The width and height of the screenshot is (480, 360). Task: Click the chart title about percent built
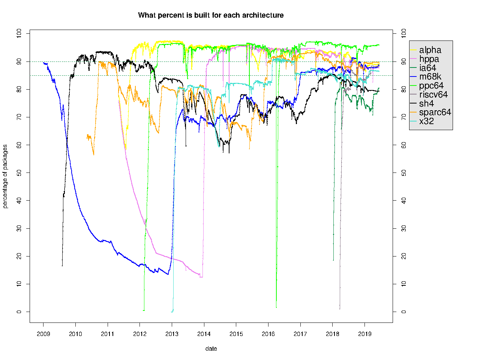(211, 15)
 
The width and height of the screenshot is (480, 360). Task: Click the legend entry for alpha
(430, 50)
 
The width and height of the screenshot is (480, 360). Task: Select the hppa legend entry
(429, 59)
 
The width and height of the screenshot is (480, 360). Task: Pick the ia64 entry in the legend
(427, 68)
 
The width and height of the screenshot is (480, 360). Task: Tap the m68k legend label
(430, 77)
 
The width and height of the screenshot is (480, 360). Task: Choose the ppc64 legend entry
(431, 86)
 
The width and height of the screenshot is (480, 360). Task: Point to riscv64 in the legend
(433, 94)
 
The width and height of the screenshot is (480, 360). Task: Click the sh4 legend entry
(426, 103)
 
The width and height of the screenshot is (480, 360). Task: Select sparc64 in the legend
(435, 112)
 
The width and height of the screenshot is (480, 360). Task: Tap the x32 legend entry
(426, 121)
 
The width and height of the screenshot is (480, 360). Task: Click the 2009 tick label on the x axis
(43, 334)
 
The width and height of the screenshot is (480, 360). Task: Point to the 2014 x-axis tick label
(204, 334)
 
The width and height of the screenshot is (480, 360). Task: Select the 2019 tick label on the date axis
(364, 334)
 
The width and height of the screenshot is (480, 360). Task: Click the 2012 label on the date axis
(139, 334)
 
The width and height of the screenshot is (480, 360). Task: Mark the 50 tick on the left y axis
(19, 173)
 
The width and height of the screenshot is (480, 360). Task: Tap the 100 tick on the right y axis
(403, 33)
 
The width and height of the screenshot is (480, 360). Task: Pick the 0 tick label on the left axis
(19, 312)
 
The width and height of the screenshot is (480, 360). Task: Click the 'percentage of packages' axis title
(5, 176)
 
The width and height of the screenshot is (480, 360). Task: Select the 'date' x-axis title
(211, 349)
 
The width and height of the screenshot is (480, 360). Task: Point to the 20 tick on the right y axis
(403, 256)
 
